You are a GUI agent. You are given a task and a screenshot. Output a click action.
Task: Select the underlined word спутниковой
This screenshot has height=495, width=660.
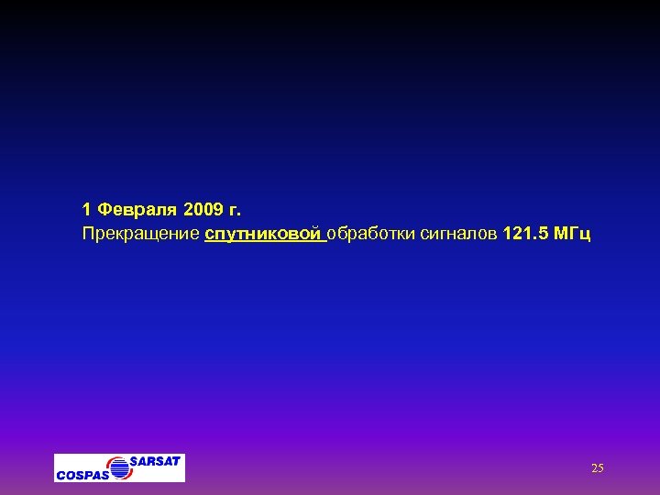264,235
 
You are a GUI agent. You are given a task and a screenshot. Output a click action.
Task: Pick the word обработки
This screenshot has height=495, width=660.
370,235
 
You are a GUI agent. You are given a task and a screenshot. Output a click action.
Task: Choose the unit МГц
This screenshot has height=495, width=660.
574,235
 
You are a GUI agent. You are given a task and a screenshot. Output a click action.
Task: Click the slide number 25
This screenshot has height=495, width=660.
598,468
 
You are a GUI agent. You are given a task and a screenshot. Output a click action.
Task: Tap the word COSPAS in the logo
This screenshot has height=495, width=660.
82,475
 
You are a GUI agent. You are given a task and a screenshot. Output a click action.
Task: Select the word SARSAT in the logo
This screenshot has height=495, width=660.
155,460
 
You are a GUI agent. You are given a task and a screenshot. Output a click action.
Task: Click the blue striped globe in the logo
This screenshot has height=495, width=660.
118,467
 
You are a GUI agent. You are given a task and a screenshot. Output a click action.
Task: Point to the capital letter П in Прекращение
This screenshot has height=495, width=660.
88,235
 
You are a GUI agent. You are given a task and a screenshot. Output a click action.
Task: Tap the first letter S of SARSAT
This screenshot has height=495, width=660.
134,460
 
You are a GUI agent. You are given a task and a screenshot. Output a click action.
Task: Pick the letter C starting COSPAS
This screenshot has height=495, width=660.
60,475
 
